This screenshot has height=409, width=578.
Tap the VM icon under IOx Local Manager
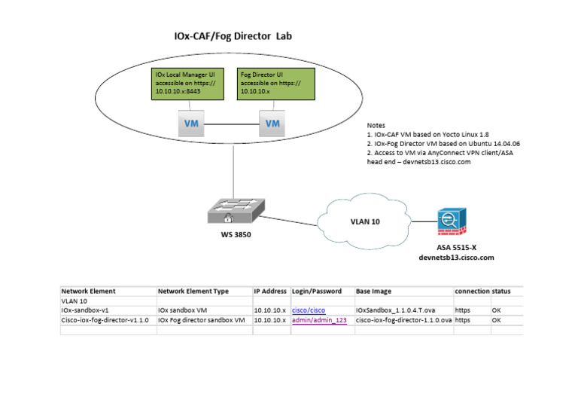(190, 124)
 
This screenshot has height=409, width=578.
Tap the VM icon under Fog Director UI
(272, 124)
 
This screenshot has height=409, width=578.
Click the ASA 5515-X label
(456, 247)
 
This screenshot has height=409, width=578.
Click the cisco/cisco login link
(309, 310)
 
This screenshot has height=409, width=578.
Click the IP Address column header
(270, 291)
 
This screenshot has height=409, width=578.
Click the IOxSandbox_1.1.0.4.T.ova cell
(395, 310)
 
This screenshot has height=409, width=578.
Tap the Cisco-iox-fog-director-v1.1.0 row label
(105, 319)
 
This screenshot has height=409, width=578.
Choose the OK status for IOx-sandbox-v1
(496, 310)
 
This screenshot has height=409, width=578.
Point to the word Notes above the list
(376, 124)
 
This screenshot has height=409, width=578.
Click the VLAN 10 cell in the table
(74, 301)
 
